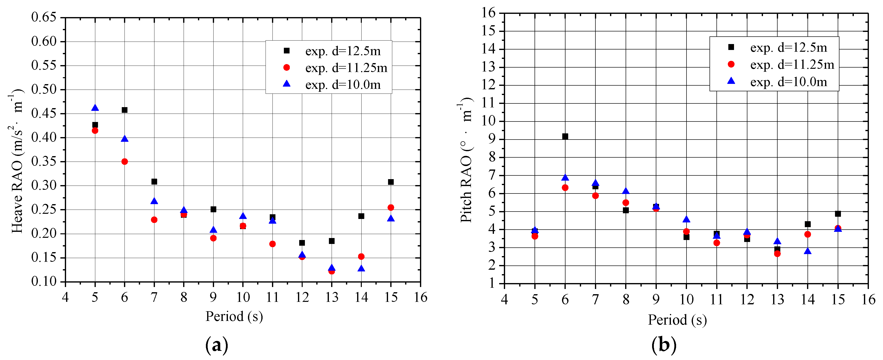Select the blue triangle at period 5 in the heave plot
click(95, 108)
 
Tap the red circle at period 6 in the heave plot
click(124, 162)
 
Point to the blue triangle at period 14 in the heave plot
click(361, 268)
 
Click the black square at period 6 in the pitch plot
click(565, 137)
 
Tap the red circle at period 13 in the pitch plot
click(777, 254)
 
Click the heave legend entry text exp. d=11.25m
click(346, 68)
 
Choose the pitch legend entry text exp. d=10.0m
click(788, 82)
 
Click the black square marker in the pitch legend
click(731, 47)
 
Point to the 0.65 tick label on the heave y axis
click(44, 17)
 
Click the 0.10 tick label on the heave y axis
click(44, 282)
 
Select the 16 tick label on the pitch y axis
click(488, 13)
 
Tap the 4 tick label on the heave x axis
click(65, 297)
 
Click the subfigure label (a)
click(216, 345)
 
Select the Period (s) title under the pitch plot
click(677, 320)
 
